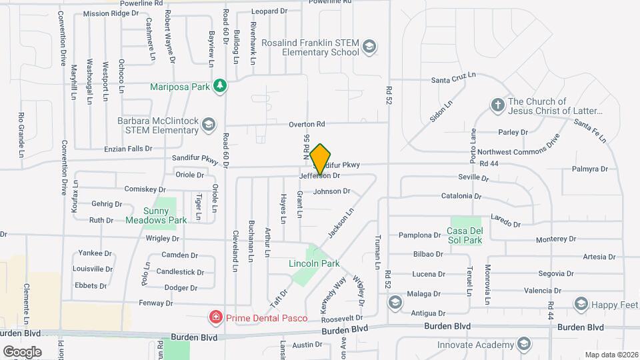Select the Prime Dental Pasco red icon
(x=215, y=318)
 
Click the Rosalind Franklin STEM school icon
(x=369, y=47)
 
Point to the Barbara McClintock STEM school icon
(x=209, y=125)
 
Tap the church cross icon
(x=497, y=105)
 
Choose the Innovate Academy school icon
(x=524, y=344)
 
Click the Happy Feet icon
(x=580, y=304)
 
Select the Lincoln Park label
(x=314, y=264)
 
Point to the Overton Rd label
(x=306, y=124)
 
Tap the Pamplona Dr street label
(x=421, y=235)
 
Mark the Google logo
(x=22, y=351)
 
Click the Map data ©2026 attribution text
(x=611, y=355)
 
